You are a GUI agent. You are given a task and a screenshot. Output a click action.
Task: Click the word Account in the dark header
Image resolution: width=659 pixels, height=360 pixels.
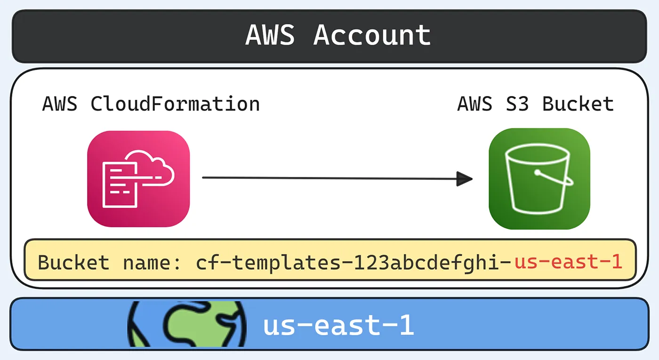click(x=372, y=35)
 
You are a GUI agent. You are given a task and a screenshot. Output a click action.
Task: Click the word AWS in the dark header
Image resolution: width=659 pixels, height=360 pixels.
click(x=270, y=35)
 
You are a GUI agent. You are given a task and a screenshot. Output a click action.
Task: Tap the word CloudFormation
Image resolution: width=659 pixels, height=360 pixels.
click(x=175, y=104)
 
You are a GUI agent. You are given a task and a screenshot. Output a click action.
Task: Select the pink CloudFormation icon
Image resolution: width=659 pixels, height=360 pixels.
click(x=138, y=179)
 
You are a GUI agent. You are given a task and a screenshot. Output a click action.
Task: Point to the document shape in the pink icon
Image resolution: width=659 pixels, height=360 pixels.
click(x=120, y=185)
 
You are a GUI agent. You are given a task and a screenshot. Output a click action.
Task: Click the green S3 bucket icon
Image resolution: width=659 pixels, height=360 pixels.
click(x=539, y=178)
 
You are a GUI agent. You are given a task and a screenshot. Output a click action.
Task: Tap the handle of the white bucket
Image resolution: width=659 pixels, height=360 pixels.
click(x=555, y=177)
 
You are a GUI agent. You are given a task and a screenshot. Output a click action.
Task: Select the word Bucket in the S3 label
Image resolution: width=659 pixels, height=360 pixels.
click(x=578, y=104)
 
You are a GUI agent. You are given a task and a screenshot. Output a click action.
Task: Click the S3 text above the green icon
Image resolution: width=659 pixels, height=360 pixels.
click(x=517, y=104)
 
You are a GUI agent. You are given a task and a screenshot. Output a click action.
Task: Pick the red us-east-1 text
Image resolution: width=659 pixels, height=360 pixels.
click(x=568, y=262)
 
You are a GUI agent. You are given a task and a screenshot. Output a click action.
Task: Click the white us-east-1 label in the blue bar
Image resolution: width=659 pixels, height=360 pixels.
click(x=338, y=325)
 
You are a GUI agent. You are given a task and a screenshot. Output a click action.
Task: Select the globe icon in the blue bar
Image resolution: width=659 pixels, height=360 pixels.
click(x=187, y=324)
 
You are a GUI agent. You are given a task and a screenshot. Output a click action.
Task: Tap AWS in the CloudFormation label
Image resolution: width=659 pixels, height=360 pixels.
click(x=60, y=104)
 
